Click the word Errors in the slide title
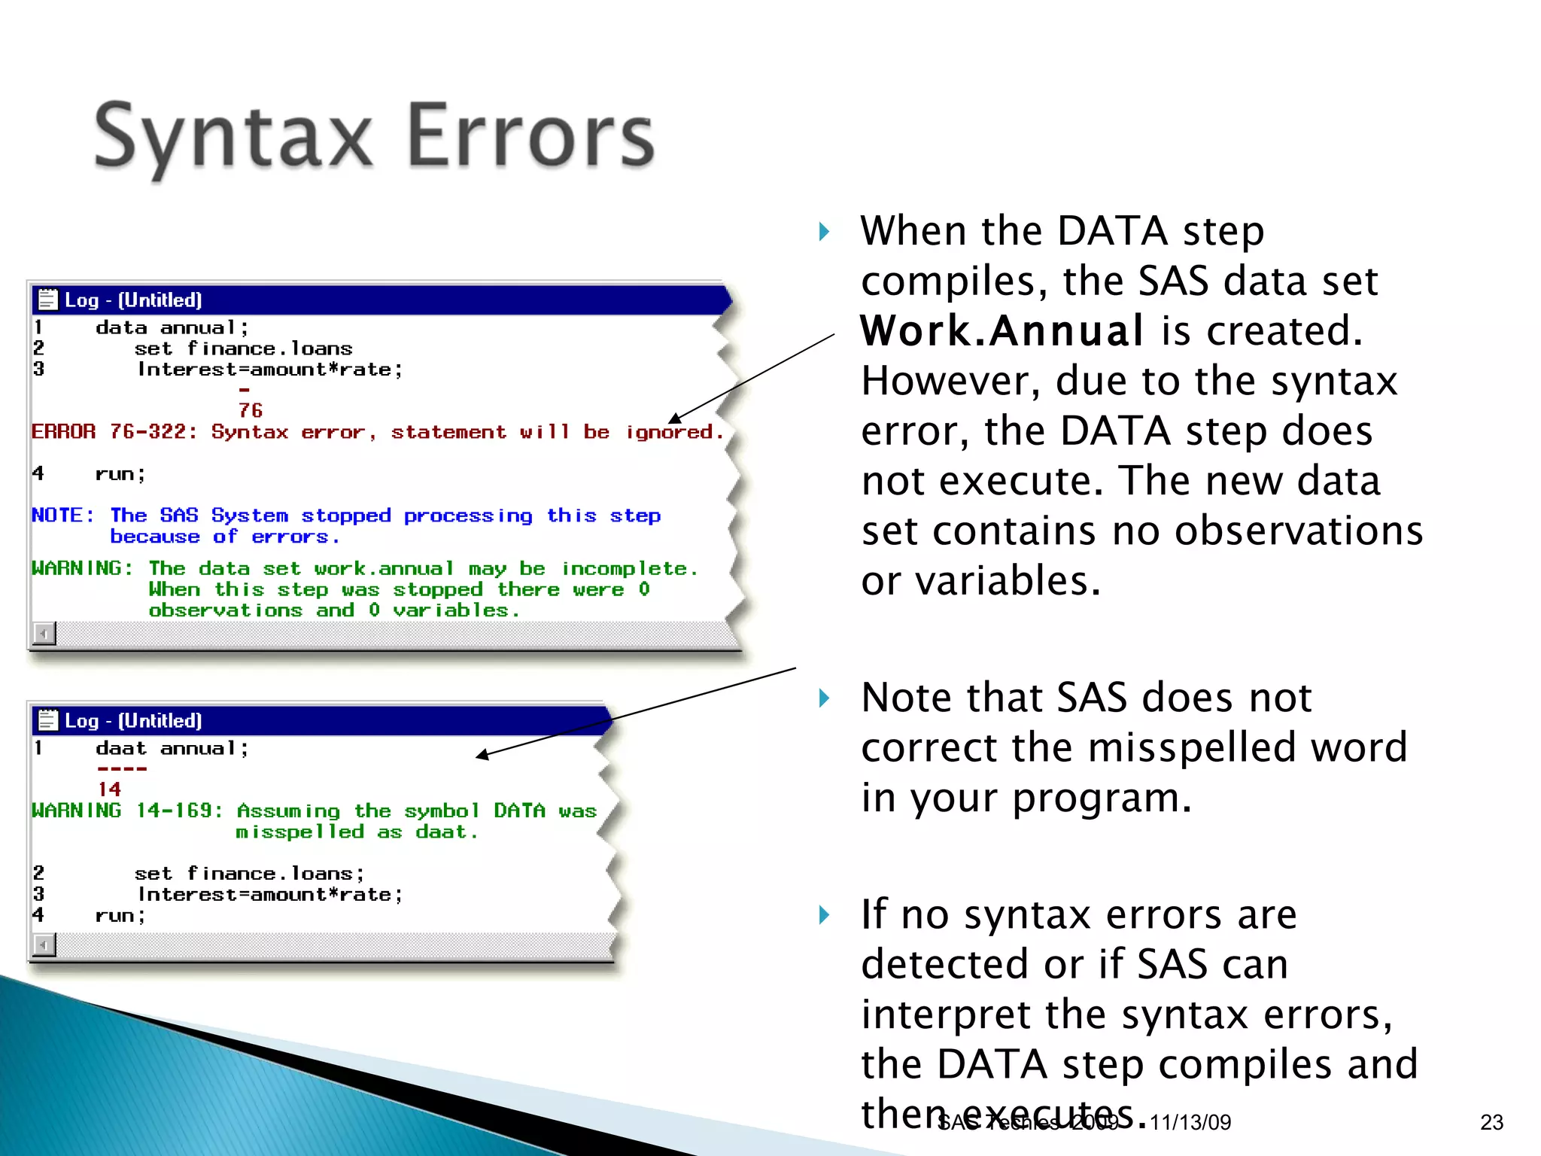(x=530, y=137)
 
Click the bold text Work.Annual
(x=1001, y=331)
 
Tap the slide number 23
(x=1491, y=1122)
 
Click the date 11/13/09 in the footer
(x=1190, y=1122)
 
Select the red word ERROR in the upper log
(x=64, y=432)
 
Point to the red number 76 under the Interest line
(x=251, y=410)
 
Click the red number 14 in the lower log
(x=109, y=789)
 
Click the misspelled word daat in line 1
(x=120, y=749)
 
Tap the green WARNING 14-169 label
(x=126, y=811)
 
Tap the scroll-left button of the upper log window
(x=44, y=634)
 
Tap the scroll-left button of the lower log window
(x=44, y=944)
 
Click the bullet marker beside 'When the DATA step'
(x=825, y=231)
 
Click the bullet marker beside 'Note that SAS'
(x=825, y=698)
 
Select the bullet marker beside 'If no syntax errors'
(x=825, y=915)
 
